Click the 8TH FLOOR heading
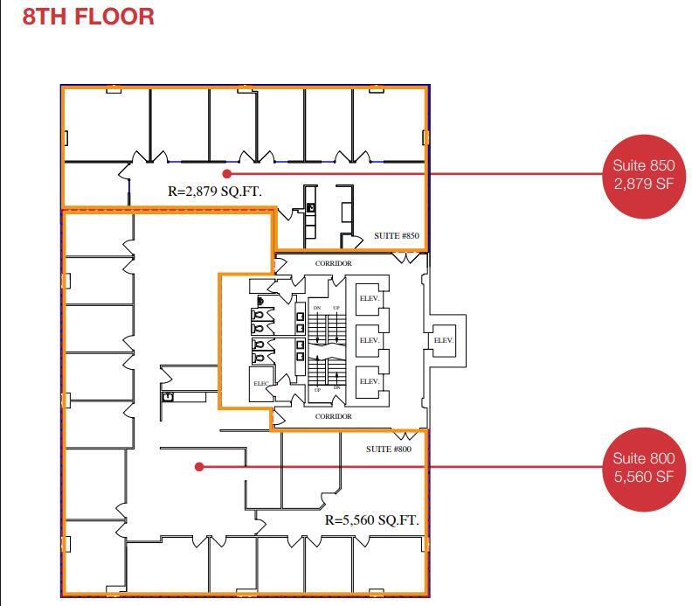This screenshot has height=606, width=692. pyautogui.click(x=88, y=16)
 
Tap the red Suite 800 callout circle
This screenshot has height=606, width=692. pyautogui.click(x=643, y=468)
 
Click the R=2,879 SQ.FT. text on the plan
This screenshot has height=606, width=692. pyautogui.click(x=214, y=191)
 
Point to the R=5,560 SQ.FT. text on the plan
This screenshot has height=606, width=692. pyautogui.click(x=371, y=520)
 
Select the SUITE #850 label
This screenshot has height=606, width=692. pyautogui.click(x=397, y=236)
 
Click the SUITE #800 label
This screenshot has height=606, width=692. pyautogui.click(x=388, y=449)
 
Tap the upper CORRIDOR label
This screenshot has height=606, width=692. pyautogui.click(x=333, y=263)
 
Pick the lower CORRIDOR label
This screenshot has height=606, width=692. pyautogui.click(x=333, y=416)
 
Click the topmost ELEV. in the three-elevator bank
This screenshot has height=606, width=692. pyautogui.click(x=370, y=298)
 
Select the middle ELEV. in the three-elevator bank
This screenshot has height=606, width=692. pyautogui.click(x=370, y=340)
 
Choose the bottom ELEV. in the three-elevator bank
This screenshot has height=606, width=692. pyautogui.click(x=370, y=382)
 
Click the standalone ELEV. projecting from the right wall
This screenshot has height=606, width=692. pyautogui.click(x=444, y=340)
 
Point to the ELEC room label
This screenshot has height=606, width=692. pyautogui.click(x=261, y=384)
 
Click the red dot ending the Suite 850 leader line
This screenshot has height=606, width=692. pyautogui.click(x=226, y=173)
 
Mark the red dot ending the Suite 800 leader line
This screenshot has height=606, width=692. pyautogui.click(x=199, y=467)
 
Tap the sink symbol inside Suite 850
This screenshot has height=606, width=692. pyautogui.click(x=310, y=207)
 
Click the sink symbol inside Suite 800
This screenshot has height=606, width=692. pyautogui.click(x=168, y=397)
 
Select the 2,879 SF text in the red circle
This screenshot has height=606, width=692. pyautogui.click(x=643, y=184)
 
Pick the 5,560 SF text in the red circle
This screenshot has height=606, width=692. pyautogui.click(x=643, y=477)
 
